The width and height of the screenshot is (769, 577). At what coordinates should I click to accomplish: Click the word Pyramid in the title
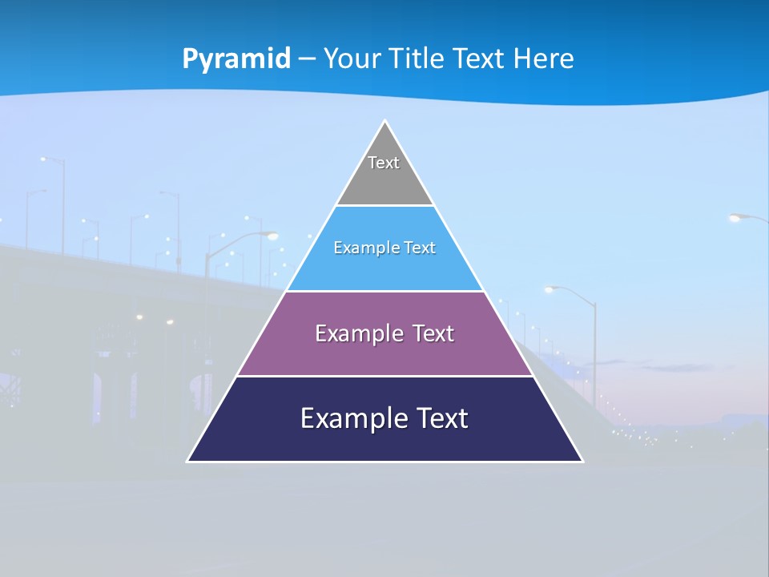pyautogui.click(x=236, y=59)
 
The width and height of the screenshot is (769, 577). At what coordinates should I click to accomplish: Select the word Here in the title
pyautogui.click(x=545, y=59)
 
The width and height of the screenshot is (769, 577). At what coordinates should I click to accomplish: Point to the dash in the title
pyautogui.click(x=307, y=59)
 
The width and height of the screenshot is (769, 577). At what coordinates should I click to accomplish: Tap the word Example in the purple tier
pyautogui.click(x=356, y=333)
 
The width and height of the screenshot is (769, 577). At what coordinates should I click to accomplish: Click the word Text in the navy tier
pyautogui.click(x=441, y=418)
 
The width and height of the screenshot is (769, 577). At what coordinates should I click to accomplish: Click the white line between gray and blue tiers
pyautogui.click(x=384, y=205)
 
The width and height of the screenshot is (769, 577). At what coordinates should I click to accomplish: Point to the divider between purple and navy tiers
pyautogui.click(x=384, y=376)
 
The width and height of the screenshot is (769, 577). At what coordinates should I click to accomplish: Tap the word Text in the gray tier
pyautogui.click(x=384, y=163)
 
